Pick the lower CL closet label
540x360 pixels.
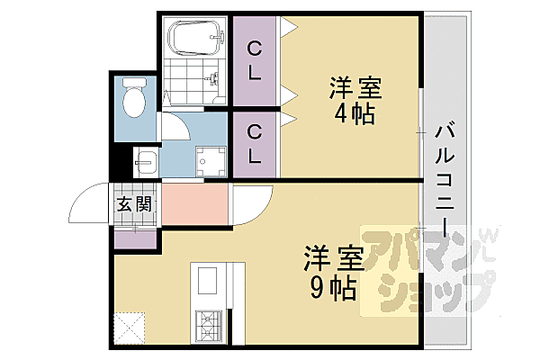click(256, 144)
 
